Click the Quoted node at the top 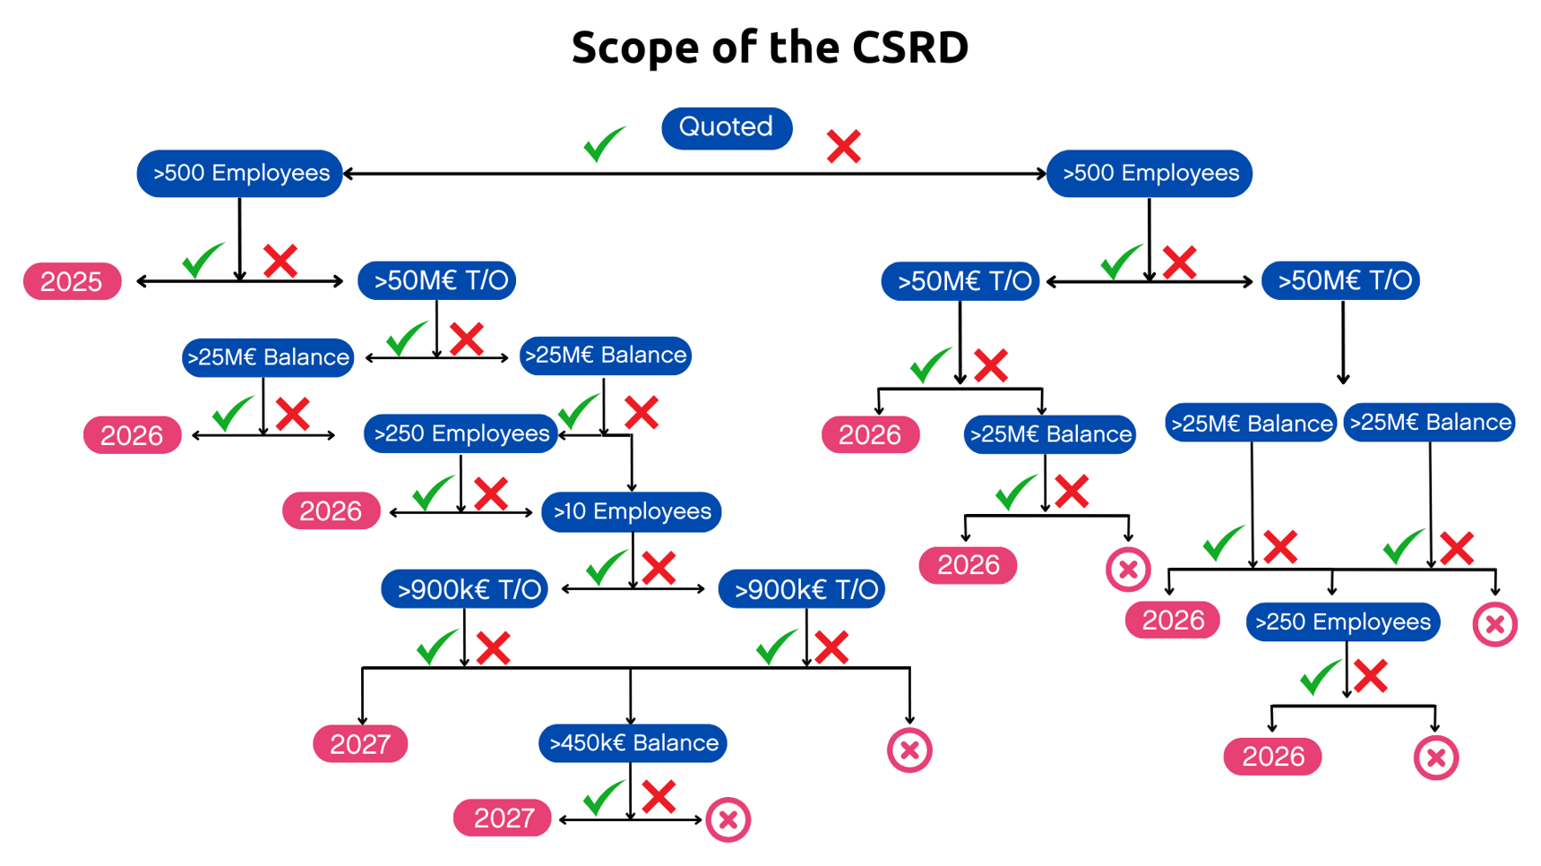point(726,128)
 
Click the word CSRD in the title point(909,47)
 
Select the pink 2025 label point(72,282)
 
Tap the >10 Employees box point(631,512)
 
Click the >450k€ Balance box point(633,743)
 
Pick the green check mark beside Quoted point(604,144)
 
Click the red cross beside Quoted point(843,147)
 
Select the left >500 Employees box point(239,174)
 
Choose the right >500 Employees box point(1149,174)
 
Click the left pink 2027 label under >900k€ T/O point(360,744)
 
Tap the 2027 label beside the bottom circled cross point(502,819)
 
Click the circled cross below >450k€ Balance point(727,819)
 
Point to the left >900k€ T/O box point(464,590)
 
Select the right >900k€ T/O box point(802,590)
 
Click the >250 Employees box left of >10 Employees point(461,434)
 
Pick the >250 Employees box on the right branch point(1342,622)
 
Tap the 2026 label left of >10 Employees point(331,511)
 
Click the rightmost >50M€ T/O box point(1340,281)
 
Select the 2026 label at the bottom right point(1272,757)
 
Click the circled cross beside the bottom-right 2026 point(1435,758)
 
